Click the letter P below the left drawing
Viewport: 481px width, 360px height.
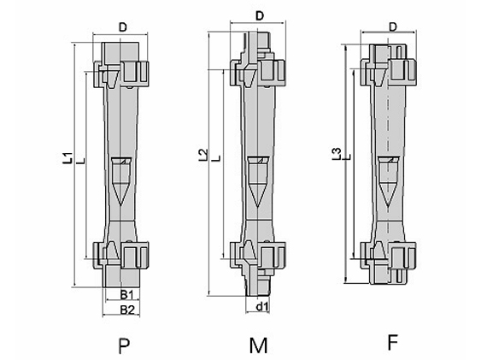124,346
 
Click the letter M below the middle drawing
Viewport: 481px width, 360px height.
258,345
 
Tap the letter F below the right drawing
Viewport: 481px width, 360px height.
393,342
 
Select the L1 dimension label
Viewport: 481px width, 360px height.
67,157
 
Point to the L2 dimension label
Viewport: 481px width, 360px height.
202,156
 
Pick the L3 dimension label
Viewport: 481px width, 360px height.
337,154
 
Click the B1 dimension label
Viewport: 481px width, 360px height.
126,295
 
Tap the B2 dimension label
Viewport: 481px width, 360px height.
127,310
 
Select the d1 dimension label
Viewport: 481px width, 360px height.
262,306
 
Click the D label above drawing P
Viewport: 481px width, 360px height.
123,27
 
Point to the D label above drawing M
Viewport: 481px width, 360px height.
260,15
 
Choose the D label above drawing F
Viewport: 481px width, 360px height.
393,27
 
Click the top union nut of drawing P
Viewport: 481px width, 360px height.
121,74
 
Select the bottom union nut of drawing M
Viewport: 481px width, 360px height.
258,255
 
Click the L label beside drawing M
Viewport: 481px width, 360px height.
217,158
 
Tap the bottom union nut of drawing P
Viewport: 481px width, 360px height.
121,255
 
